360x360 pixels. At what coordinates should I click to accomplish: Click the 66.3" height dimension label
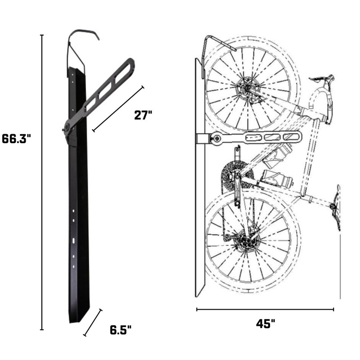click(x=16, y=139)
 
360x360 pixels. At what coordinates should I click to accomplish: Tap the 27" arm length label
click(x=144, y=115)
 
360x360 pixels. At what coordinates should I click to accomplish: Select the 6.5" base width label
click(x=121, y=330)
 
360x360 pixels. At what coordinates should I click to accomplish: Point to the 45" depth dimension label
click(x=265, y=324)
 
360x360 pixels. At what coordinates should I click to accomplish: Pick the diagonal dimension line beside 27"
click(x=118, y=108)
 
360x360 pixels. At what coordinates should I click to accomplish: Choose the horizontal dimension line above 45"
click(x=265, y=309)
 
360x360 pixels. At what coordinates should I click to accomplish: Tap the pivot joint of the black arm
click(x=68, y=128)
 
